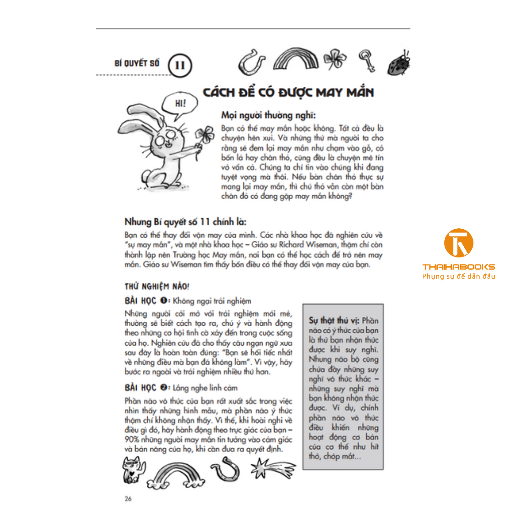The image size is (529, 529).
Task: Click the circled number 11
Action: pyautogui.click(x=180, y=65)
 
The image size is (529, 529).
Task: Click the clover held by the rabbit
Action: pyautogui.click(x=204, y=135)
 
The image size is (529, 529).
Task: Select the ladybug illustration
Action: pyautogui.click(x=399, y=63)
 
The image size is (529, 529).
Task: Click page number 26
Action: pyautogui.click(x=128, y=499)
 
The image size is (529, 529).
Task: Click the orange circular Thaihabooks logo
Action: pyautogui.click(x=458, y=243)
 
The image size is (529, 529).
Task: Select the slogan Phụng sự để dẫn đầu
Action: pyautogui.click(x=458, y=276)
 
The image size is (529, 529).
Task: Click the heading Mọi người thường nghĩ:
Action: pyautogui.click(x=268, y=115)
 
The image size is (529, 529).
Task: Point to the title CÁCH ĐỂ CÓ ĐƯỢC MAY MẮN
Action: pyautogui.click(x=288, y=93)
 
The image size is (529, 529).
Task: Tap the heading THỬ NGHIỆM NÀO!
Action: pyautogui.click(x=156, y=287)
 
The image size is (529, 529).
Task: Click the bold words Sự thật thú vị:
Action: pyautogui.click(x=334, y=320)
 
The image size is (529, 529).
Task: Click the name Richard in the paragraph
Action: pyautogui.click(x=291, y=245)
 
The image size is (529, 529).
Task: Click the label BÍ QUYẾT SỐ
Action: pyautogui.click(x=137, y=63)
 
